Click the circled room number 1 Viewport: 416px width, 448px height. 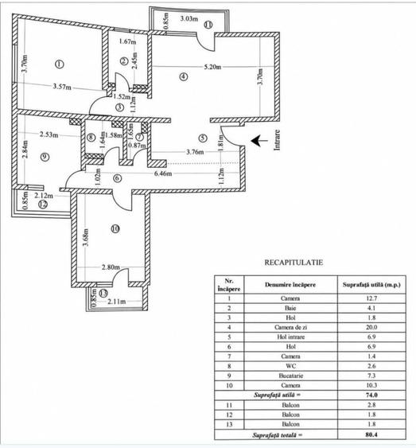click(x=59, y=64)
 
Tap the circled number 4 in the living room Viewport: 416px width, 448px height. click(x=184, y=76)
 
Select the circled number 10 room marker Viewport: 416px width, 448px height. click(x=115, y=228)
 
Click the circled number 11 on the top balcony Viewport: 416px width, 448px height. click(x=208, y=25)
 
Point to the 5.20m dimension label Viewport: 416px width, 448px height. click(x=212, y=67)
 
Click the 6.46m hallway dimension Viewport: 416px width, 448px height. click(x=163, y=173)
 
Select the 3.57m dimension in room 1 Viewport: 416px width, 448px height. click(x=62, y=86)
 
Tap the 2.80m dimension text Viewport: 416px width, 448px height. click(x=111, y=267)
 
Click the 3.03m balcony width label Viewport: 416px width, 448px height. click(x=189, y=19)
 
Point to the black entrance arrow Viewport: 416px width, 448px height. click(x=259, y=141)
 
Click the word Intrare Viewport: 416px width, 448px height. click(x=277, y=140)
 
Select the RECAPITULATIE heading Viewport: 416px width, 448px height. click(x=294, y=263)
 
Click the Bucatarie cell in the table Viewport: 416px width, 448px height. click(x=290, y=376)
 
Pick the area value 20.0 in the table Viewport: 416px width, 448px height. click(x=371, y=327)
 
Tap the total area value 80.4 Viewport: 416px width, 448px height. click(x=371, y=434)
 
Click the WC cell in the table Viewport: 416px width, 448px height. click(x=290, y=366)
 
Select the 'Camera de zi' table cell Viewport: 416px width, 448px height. click(x=290, y=327)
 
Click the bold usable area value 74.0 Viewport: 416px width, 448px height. click(x=371, y=395)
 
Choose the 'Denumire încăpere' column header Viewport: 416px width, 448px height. click(x=290, y=285)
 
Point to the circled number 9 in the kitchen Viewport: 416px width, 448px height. click(x=45, y=157)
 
